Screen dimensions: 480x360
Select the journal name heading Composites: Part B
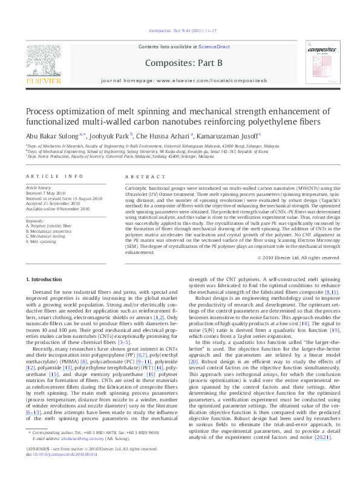pyautogui.click(x=180, y=62)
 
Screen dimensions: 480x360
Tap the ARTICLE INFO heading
pyautogui.click(x=54, y=176)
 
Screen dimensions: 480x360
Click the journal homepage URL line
pyautogui.click(x=180, y=80)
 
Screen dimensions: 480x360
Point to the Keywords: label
pyautogui.click(x=35, y=221)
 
